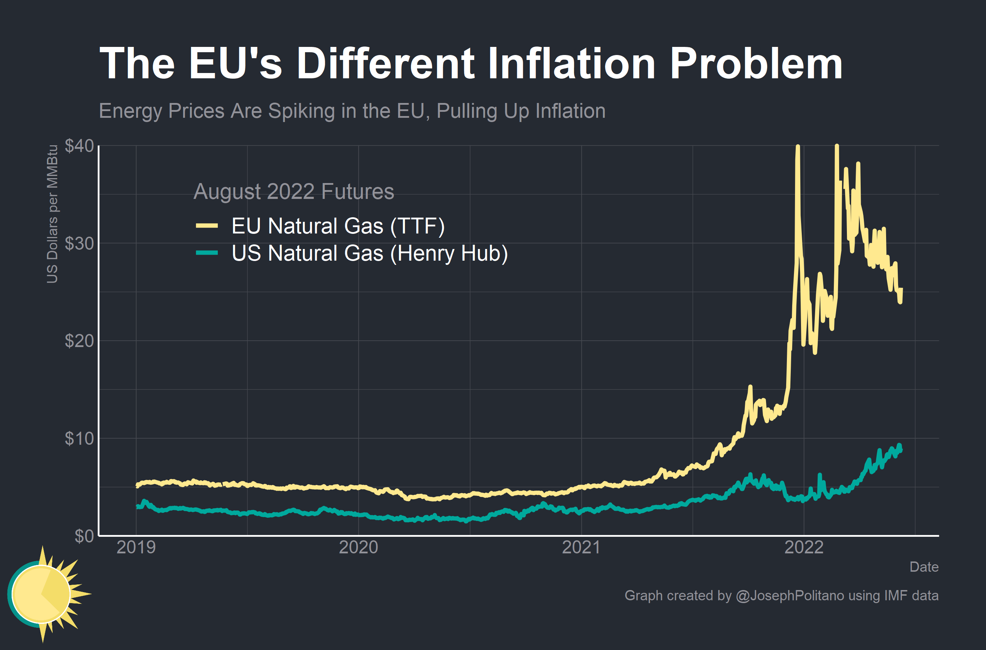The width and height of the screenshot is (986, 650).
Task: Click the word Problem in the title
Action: pos(756,63)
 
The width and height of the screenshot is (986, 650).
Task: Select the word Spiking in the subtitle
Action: pos(301,111)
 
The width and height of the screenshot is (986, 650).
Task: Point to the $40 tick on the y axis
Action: pos(79,146)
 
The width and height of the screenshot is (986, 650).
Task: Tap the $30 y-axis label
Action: pos(79,243)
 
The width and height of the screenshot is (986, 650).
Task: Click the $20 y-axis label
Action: pos(79,341)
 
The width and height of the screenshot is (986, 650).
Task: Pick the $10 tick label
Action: pos(79,438)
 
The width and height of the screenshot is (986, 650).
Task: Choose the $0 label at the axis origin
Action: pos(84,536)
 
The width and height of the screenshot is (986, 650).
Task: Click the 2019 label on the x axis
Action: pos(136,547)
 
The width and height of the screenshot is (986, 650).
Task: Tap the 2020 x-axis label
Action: pos(358,547)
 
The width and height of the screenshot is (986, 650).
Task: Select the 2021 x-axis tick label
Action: pos(581,547)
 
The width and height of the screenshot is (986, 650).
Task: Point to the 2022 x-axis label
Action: pos(804,547)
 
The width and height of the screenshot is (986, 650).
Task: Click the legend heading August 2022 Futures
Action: pos(294,192)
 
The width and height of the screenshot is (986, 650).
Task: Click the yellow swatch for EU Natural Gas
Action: pos(207,225)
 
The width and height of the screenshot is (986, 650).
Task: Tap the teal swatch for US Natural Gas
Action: pos(207,253)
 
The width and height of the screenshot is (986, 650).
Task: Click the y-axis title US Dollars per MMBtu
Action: pos(52,214)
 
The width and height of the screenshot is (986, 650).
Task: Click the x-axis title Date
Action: pos(924,567)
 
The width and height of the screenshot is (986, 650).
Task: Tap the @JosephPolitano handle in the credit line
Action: pos(790,595)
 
